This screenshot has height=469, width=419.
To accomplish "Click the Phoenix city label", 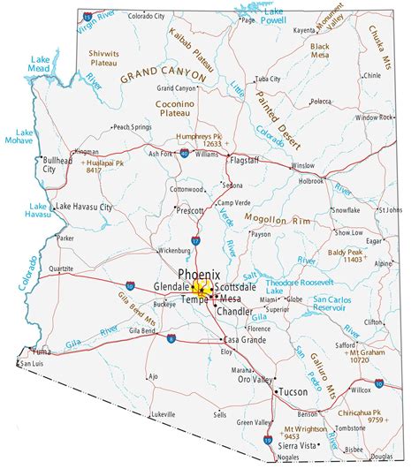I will point(200,275).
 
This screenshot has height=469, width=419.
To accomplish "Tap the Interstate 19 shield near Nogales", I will point(268,440).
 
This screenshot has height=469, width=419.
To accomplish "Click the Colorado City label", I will point(146,16).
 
